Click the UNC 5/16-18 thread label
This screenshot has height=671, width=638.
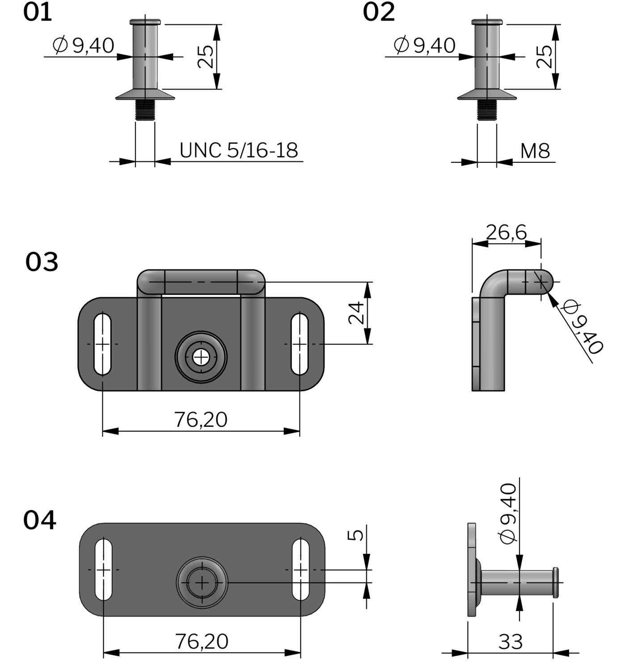pyautogui.click(x=238, y=150)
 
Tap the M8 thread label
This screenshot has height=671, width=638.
pyautogui.click(x=535, y=151)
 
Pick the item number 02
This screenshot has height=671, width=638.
pyautogui.click(x=379, y=13)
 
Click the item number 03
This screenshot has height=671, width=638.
pyautogui.click(x=42, y=262)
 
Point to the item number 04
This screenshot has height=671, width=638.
pyautogui.click(x=40, y=520)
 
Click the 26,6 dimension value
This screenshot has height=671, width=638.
pyautogui.click(x=506, y=232)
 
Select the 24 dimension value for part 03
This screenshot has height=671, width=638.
pyautogui.click(x=356, y=313)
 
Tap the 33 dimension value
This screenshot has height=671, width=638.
pyautogui.click(x=510, y=642)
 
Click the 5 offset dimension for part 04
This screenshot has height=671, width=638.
pyautogui.click(x=356, y=535)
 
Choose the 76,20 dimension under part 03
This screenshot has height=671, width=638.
pyautogui.click(x=201, y=420)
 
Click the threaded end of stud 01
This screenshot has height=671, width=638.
pyautogui.click(x=145, y=110)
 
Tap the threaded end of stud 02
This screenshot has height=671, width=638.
pyautogui.click(x=487, y=110)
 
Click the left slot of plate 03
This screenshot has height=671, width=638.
pyautogui.click(x=102, y=344)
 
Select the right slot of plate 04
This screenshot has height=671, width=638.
pyautogui.click(x=300, y=569)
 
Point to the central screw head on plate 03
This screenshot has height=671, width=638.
pyautogui.click(x=201, y=357)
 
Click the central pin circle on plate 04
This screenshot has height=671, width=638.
pyautogui.click(x=202, y=582)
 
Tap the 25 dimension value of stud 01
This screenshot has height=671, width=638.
pyautogui.click(x=206, y=56)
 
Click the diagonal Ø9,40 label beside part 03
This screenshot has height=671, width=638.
pyautogui.click(x=583, y=327)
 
